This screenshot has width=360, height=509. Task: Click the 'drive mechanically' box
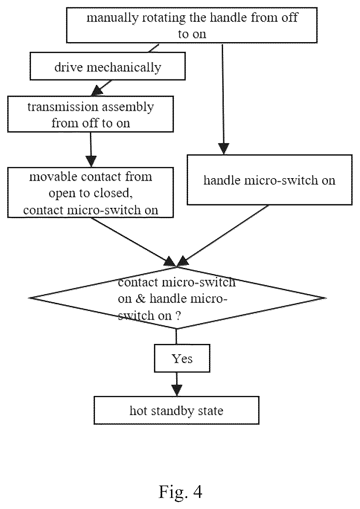(108, 66)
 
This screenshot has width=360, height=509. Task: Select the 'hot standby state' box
(177, 410)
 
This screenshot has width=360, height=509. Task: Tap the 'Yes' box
(182, 358)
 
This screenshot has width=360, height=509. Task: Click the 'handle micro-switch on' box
(269, 180)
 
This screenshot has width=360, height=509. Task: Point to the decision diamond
(177, 298)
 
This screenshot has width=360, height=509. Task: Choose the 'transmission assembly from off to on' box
(91, 114)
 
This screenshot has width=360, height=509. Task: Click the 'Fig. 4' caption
(180, 492)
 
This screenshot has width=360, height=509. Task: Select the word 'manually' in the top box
(113, 18)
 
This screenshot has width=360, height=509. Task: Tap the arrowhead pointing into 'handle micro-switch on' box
(224, 149)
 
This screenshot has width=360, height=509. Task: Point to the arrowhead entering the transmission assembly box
(97, 92)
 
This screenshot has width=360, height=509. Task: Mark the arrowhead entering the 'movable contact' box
(91, 162)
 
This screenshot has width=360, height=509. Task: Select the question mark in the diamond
(178, 316)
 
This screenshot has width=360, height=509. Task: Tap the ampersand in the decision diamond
(141, 299)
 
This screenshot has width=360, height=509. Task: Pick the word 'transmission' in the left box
(63, 107)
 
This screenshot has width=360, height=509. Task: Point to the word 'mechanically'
(124, 67)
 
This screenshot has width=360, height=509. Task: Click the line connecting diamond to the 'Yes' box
(177, 337)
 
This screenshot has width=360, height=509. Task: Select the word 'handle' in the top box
(228, 18)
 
